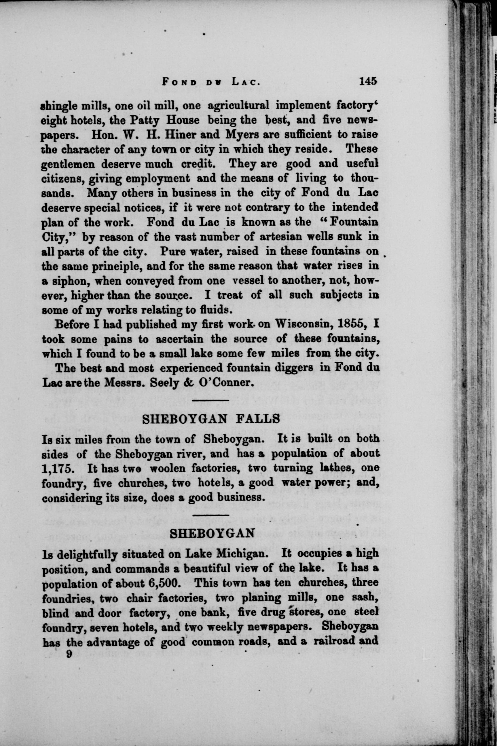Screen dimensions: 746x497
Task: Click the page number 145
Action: pos(368,81)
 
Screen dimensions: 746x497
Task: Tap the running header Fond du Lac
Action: pos(211,82)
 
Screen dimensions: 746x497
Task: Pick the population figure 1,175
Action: pos(58,469)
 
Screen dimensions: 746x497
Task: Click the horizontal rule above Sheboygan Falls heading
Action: pos(211,401)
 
